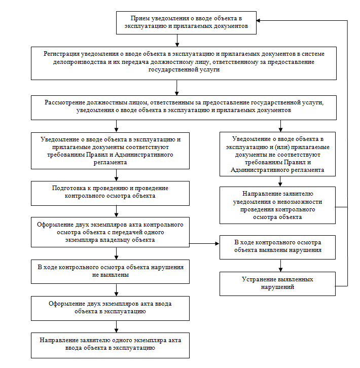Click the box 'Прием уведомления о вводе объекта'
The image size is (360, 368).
pyautogui.click(x=186, y=23)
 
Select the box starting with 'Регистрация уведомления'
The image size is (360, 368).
pyautogui.click(x=184, y=63)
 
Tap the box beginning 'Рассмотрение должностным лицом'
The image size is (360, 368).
pyautogui.click(x=184, y=108)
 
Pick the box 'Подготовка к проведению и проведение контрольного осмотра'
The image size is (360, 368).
pyautogui.click(x=110, y=194)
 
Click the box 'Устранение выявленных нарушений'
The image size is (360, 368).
pyautogui.click(x=277, y=284)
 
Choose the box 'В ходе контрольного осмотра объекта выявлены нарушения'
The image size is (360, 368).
pyautogui.click(x=277, y=247)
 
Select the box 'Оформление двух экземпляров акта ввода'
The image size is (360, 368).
pyautogui.click(x=110, y=308)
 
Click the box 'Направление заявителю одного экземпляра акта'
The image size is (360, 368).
pyautogui.click(x=110, y=345)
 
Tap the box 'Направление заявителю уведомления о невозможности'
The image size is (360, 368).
pyautogui.click(x=277, y=205)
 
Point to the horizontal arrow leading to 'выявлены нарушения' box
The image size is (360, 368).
pyautogui.click(x=204, y=244)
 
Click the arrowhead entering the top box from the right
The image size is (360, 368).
pyautogui.click(x=258, y=21)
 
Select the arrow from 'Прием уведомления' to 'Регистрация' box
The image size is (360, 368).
pyautogui.click(x=177, y=41)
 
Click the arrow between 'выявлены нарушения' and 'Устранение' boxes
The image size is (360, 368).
pyautogui.click(x=280, y=266)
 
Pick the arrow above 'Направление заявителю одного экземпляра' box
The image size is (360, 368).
pyautogui.click(x=117, y=327)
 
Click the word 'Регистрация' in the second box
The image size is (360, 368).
pyautogui.click(x=61, y=54)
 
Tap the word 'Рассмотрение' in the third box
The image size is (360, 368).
pyautogui.click(x=65, y=102)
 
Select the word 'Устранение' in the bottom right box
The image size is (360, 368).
pyautogui.click(x=258, y=279)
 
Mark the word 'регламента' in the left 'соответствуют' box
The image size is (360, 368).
pyautogui.click(x=110, y=162)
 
